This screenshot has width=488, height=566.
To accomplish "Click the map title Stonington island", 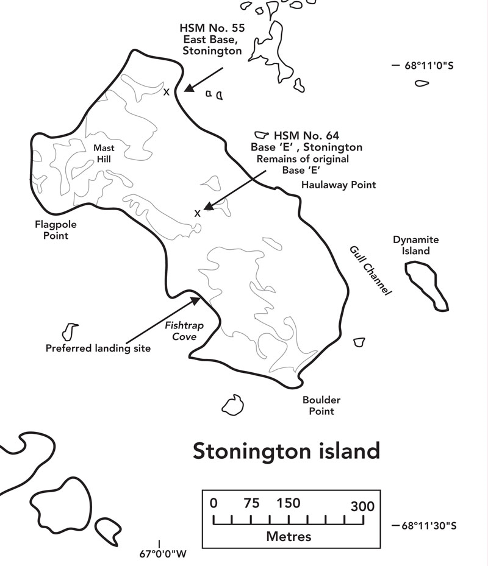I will tap(286, 451).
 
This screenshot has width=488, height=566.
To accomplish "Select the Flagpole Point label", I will tap(56, 230).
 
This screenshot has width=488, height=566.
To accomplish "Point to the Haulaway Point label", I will tap(339, 185).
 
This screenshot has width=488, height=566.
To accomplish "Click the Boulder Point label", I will tap(321, 406).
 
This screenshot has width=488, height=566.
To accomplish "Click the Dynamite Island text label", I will tap(415, 245).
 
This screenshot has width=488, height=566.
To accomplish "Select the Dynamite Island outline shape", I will tap(427, 284).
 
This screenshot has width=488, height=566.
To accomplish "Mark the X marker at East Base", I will tap(166, 93).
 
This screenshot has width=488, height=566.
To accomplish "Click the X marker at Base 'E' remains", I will tap(197, 213).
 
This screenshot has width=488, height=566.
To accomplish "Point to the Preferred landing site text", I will tap(98, 348).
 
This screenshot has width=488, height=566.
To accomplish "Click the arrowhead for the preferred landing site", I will tap(196, 299).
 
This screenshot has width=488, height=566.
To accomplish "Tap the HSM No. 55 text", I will tap(211, 29).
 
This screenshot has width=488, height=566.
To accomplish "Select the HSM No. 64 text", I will tap(306, 135).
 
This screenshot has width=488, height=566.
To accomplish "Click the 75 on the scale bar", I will tap(251, 504).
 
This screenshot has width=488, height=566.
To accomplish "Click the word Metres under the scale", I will tap(289, 537).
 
